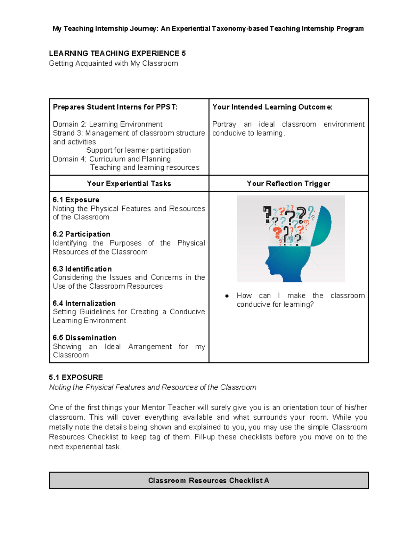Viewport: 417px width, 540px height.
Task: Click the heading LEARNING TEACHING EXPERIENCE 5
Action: (117, 54)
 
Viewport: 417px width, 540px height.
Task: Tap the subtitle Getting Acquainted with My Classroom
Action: (113, 63)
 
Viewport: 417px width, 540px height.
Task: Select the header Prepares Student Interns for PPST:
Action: (115, 107)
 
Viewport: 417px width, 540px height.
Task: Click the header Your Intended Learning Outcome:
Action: (272, 107)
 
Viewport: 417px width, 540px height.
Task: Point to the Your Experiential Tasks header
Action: (129, 184)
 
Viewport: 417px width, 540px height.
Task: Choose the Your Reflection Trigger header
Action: (288, 184)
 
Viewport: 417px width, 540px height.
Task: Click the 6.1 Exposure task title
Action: (76, 200)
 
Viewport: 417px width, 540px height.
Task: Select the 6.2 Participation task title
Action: (82, 234)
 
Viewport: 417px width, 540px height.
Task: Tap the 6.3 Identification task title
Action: (82, 269)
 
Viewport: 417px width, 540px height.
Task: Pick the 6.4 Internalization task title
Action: (84, 303)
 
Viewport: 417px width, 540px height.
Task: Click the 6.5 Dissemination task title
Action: (85, 338)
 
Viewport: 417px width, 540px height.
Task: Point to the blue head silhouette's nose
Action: (266, 261)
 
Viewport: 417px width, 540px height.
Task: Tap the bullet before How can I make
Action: (227, 296)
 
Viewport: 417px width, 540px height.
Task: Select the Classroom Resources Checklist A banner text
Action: (208, 481)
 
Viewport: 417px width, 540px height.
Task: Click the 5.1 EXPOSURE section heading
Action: (76, 378)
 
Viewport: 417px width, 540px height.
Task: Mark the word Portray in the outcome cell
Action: (224, 124)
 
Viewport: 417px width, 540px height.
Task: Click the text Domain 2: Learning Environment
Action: (108, 124)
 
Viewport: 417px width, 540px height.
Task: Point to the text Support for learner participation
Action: (138, 150)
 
